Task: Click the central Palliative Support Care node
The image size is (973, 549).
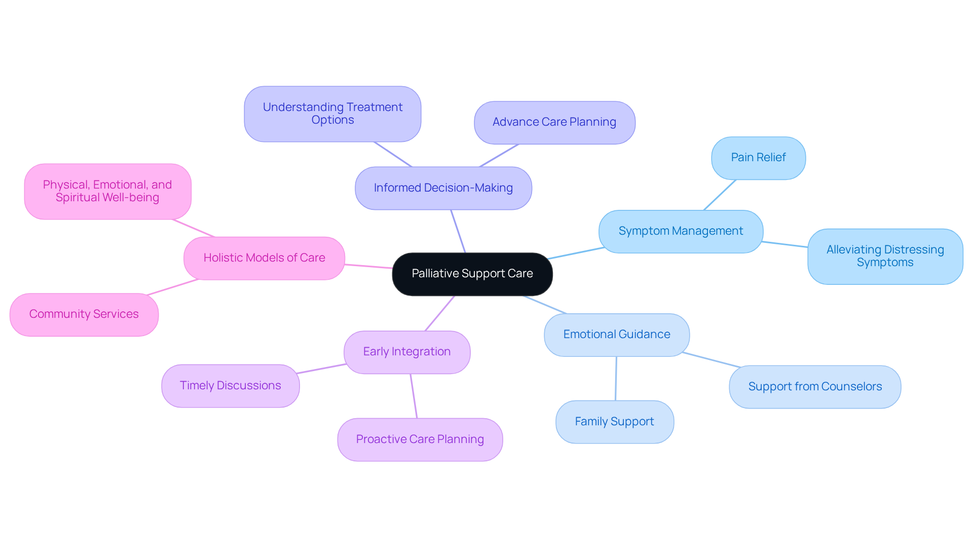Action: click(472, 274)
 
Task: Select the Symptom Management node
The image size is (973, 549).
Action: click(681, 231)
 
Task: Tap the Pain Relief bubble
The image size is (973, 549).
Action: click(758, 158)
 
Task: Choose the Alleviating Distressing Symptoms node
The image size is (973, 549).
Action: click(885, 256)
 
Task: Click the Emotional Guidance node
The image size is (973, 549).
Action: click(617, 335)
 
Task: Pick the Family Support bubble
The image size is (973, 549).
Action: click(614, 422)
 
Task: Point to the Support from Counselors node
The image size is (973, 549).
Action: click(815, 387)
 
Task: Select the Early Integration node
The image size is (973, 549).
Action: click(407, 352)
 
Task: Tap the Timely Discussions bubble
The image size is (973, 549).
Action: click(231, 386)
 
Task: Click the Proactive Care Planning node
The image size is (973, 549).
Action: click(420, 440)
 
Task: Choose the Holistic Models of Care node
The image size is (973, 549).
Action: click(264, 258)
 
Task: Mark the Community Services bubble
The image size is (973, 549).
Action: click(84, 314)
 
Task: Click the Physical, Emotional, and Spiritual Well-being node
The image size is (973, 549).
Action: click(107, 191)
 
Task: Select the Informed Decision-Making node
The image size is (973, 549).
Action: click(443, 188)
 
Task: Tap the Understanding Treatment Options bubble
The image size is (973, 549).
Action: click(332, 114)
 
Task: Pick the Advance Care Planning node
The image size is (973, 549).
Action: click(554, 122)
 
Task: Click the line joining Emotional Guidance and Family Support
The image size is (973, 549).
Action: click(616, 379)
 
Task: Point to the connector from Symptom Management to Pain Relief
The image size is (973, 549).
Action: click(720, 195)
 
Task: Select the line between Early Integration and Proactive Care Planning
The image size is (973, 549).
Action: click(414, 396)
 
